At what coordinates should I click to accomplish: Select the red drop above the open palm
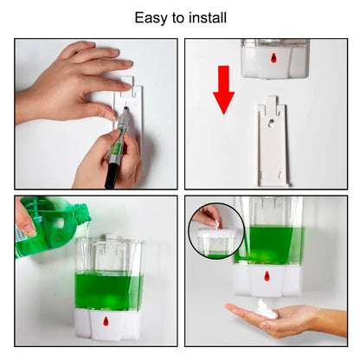tap(265, 279)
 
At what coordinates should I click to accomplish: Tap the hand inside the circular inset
tap(209, 215)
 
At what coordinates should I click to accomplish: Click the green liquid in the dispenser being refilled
tap(108, 290)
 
